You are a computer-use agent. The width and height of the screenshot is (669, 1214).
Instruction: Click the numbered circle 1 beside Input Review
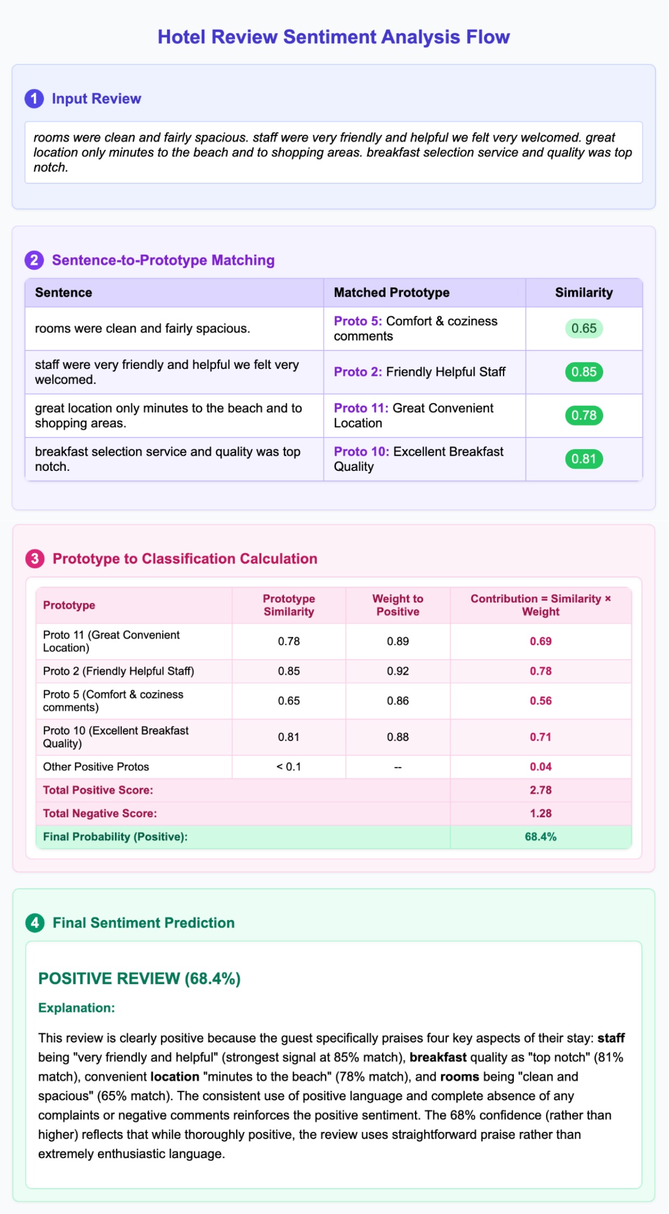point(35,99)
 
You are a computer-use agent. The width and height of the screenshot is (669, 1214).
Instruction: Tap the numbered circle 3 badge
point(35,559)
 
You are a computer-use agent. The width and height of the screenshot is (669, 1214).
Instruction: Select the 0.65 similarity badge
point(584,328)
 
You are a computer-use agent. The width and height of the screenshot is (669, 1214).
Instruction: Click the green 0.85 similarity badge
point(584,372)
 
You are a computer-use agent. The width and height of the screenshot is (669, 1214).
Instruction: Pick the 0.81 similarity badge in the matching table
point(584,459)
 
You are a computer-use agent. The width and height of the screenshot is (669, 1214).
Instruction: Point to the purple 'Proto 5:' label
point(357,321)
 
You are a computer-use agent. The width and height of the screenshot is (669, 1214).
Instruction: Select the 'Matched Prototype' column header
point(391,293)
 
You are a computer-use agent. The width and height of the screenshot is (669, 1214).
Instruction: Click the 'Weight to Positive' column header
point(398,605)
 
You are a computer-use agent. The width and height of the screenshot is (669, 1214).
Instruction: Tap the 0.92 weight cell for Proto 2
point(398,671)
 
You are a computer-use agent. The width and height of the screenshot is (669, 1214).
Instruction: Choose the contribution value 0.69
point(541,641)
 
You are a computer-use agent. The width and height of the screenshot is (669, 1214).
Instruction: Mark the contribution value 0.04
point(541,767)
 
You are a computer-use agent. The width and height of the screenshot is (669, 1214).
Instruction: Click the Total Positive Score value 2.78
point(541,790)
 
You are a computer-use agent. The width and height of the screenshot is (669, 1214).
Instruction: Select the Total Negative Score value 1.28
point(541,813)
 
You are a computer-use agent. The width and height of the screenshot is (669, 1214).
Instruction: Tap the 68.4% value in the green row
point(541,837)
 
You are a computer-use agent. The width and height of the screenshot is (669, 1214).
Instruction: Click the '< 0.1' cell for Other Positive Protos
point(289,767)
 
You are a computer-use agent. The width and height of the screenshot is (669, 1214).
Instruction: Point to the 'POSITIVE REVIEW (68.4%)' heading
point(139,979)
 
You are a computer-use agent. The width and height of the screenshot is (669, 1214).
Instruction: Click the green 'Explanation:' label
point(77,1008)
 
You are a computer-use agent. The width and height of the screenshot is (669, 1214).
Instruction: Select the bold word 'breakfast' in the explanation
point(438,1058)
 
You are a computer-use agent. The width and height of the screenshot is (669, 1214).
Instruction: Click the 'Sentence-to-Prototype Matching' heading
point(163,260)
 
